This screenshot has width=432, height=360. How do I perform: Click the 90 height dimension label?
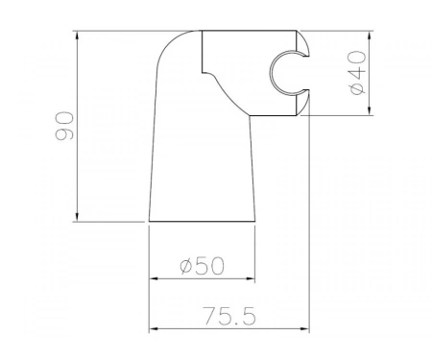(x=64, y=126)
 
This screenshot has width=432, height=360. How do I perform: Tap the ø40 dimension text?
(x=358, y=72)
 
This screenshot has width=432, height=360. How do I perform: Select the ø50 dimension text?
(x=202, y=266)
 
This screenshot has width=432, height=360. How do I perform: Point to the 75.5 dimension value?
(x=229, y=316)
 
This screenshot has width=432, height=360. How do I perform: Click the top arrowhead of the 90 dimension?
(x=77, y=36)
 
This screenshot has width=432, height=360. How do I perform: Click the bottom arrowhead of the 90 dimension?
(x=77, y=217)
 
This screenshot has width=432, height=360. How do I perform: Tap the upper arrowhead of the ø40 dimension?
(x=370, y=36)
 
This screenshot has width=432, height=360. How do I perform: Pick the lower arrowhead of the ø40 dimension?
(x=370, y=110)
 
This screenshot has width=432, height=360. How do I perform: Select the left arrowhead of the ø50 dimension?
(x=155, y=278)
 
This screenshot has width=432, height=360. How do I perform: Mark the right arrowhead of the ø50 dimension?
(x=251, y=278)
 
